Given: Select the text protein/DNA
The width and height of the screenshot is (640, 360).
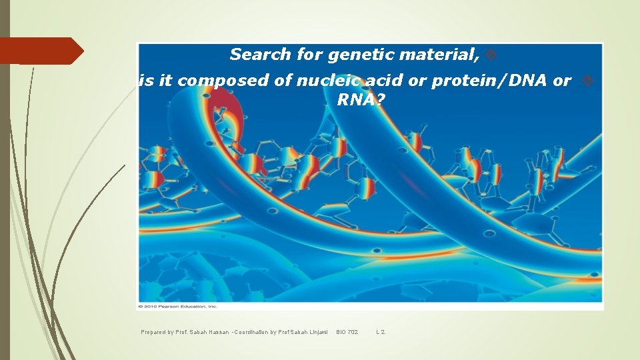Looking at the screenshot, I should pyautogui.click(x=491, y=81).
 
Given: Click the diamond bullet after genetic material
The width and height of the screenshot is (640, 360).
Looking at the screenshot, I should pyautogui.click(x=490, y=55).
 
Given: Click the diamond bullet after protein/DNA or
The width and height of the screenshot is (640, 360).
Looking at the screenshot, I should pyautogui.click(x=587, y=81).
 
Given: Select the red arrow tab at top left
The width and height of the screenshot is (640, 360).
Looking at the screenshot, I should pyautogui.click(x=40, y=51).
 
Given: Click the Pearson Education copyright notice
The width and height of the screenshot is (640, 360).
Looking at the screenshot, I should pyautogui.click(x=177, y=306).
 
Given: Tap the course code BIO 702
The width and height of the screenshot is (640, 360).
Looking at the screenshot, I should pyautogui.click(x=347, y=332).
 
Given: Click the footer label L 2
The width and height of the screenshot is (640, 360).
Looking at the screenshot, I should pyautogui.click(x=381, y=332).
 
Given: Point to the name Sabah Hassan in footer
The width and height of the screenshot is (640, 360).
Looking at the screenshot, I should pyautogui.click(x=207, y=332).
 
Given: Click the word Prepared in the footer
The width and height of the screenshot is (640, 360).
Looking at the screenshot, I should pyautogui.click(x=154, y=332).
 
